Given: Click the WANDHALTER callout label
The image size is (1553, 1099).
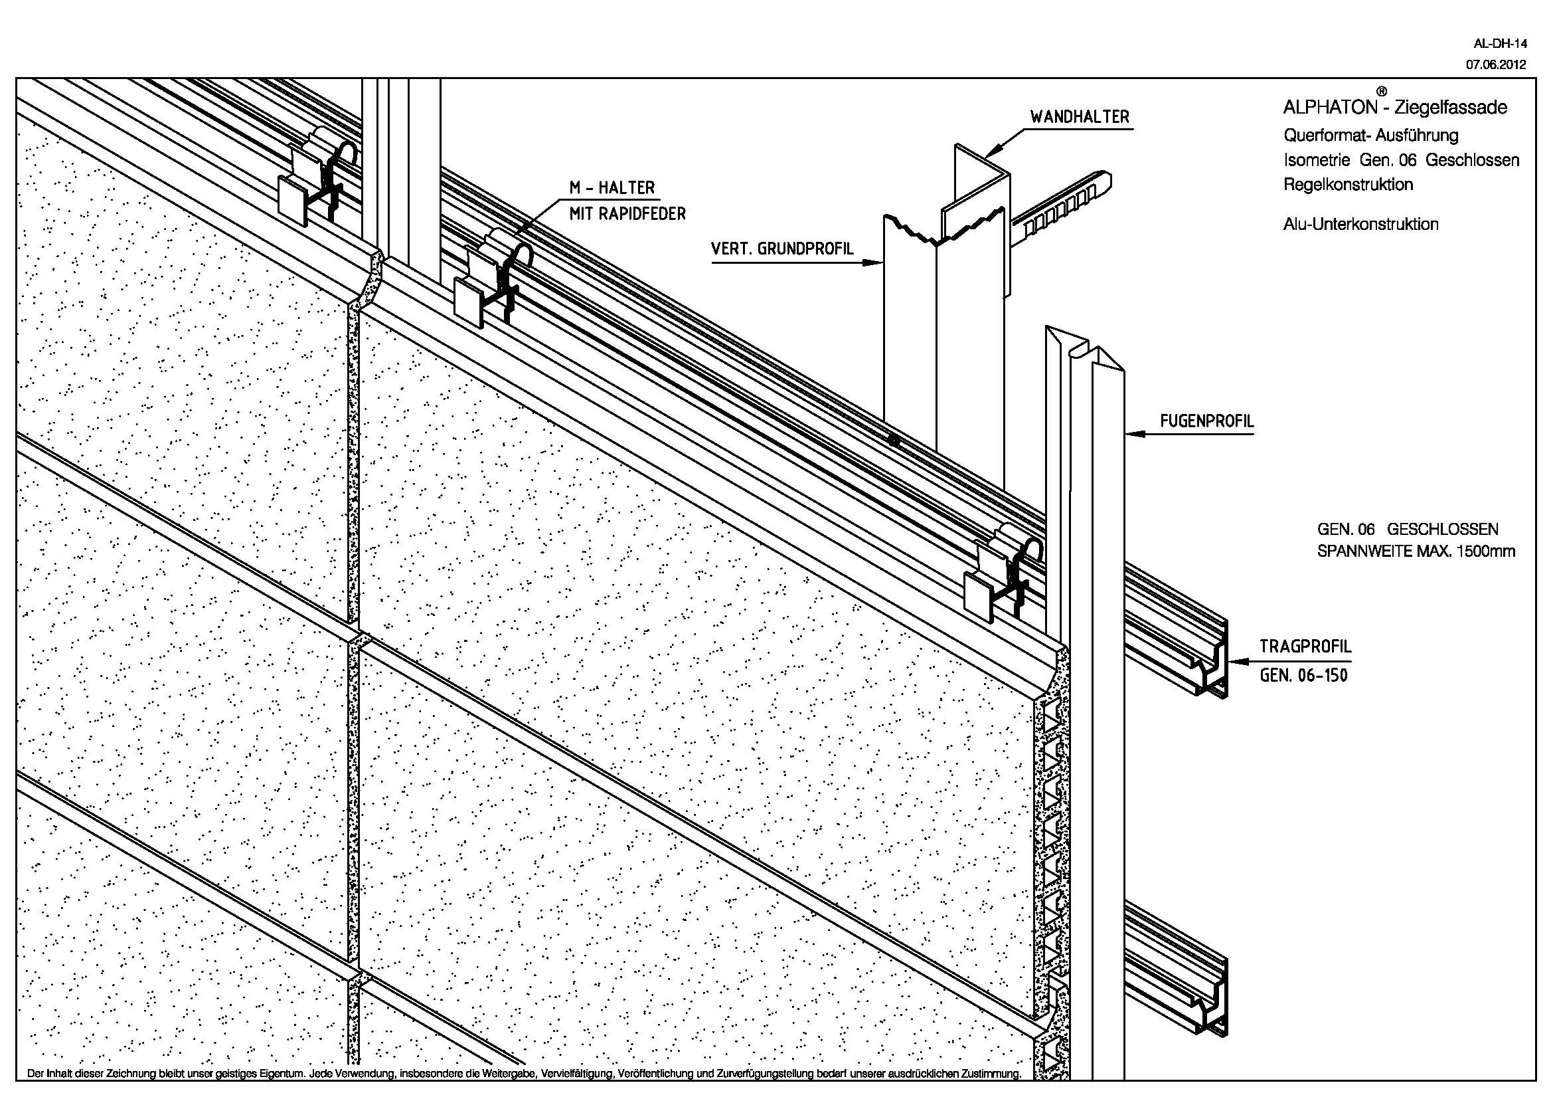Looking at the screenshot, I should [x=1080, y=117].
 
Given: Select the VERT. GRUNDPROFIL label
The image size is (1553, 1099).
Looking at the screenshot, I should [x=782, y=249].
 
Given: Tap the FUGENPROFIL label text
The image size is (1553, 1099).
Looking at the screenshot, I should [x=1206, y=421].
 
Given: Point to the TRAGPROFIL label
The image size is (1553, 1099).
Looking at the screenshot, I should [x=1305, y=647].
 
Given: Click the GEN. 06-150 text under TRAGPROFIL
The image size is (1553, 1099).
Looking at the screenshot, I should [x=1303, y=674].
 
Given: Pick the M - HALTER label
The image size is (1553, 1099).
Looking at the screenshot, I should [x=612, y=187].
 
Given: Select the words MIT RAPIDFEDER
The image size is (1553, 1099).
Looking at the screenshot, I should [x=627, y=214].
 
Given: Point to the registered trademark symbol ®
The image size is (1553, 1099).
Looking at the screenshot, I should [x=1382, y=91].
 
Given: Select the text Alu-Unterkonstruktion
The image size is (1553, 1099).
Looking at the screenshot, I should [x=1360, y=224].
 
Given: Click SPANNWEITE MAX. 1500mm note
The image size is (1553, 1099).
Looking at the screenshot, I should [x=1416, y=551].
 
